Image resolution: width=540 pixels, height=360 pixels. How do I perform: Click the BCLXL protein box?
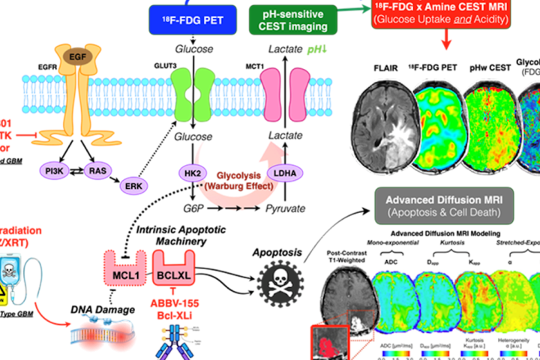[175, 275]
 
